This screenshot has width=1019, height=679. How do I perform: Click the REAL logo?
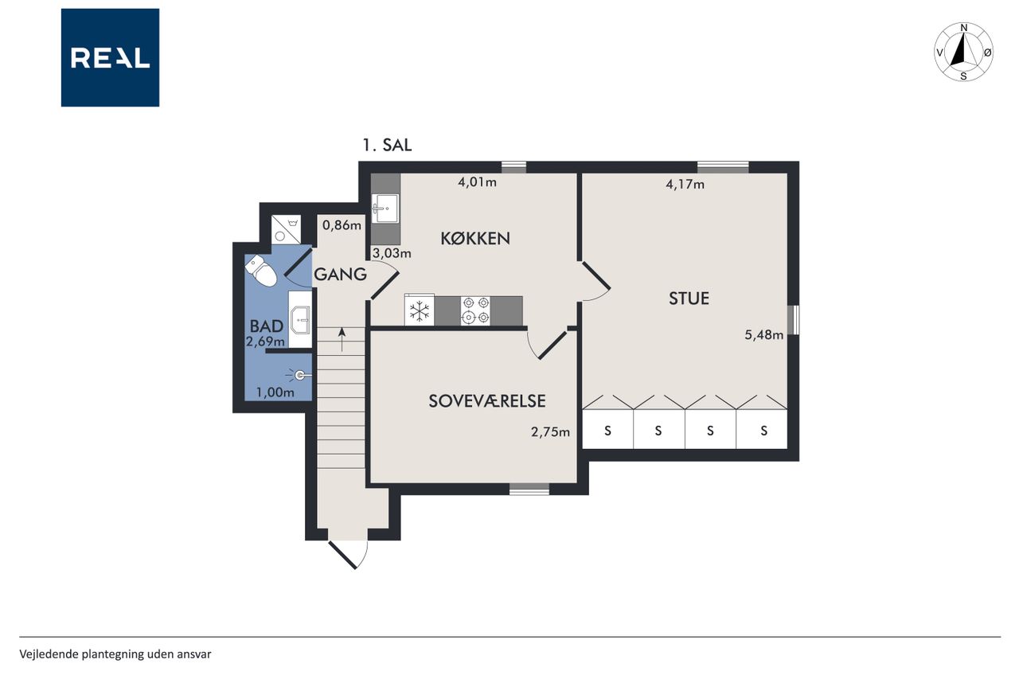(x=110, y=58)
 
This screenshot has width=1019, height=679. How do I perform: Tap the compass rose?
(x=963, y=52)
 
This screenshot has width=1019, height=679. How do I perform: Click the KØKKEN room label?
(x=475, y=238)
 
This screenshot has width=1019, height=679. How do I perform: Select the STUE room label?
(x=689, y=299)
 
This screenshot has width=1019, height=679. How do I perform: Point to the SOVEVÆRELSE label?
(x=487, y=400)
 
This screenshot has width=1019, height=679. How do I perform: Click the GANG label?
(x=340, y=275)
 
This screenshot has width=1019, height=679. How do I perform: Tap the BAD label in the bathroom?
(x=267, y=326)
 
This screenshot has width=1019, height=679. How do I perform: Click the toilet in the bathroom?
(x=260, y=271)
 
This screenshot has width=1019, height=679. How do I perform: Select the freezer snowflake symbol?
(x=420, y=311)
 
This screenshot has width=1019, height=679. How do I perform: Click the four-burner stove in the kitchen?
(x=475, y=310)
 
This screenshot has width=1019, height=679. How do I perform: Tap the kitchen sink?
(x=385, y=209)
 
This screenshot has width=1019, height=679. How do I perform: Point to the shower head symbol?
(x=299, y=375)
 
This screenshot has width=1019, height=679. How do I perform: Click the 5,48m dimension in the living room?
(x=763, y=335)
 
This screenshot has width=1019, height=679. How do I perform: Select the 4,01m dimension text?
(x=477, y=182)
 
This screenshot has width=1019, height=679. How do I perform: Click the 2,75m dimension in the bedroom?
(x=550, y=431)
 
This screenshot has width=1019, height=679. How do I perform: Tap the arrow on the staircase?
(x=342, y=339)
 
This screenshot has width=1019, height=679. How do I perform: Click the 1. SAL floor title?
(x=387, y=145)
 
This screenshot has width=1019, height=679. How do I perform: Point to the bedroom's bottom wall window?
(x=529, y=489)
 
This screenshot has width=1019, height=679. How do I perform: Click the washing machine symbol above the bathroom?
(x=286, y=230)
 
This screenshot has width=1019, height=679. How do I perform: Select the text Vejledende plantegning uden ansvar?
(x=115, y=654)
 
